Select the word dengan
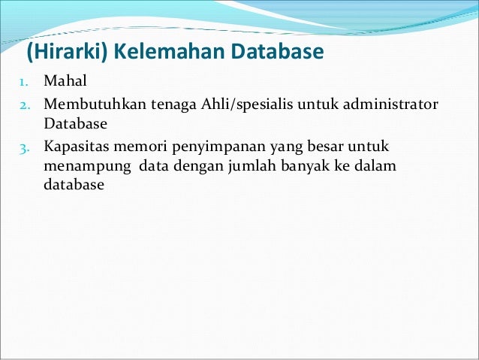(x=175, y=165)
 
